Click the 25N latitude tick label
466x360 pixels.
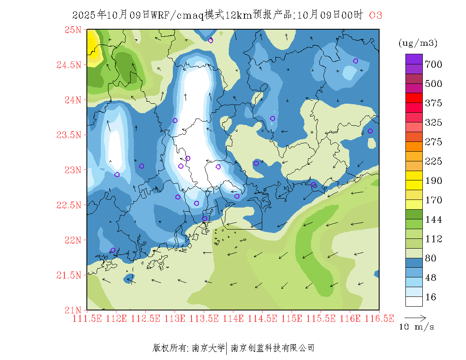click(72, 30)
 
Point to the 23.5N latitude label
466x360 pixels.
click(69, 135)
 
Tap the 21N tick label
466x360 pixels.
click(72, 310)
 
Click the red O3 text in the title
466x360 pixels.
click(376, 15)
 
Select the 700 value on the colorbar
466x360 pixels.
click(433, 64)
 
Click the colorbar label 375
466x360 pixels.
click(433, 103)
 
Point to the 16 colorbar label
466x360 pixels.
click(430, 297)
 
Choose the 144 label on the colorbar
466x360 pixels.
click(433, 220)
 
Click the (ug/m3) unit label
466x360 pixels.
click(418, 43)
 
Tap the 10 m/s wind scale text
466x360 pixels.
click(417, 327)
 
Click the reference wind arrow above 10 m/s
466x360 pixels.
click(415, 317)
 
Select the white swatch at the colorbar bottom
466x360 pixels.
click(414, 301)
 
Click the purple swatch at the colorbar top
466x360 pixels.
click(414, 59)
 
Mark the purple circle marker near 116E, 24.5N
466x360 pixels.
click(356, 61)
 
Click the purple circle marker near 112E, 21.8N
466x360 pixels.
click(113, 250)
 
